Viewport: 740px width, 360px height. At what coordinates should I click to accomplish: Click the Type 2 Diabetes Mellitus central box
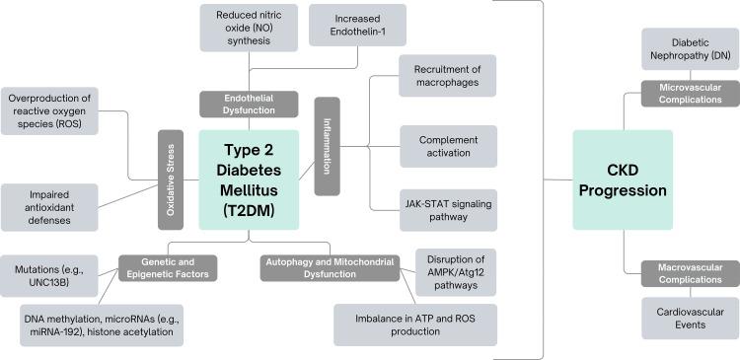249,179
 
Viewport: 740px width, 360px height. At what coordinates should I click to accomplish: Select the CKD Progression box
622,179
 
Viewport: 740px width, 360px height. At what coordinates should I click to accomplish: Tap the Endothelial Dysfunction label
248,104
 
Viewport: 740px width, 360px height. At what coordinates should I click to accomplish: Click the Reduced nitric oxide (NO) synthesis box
248,29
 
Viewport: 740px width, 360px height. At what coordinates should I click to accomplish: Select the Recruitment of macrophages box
447,76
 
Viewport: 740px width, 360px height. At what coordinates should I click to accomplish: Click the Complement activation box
447,146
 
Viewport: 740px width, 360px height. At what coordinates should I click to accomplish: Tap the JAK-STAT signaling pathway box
447,208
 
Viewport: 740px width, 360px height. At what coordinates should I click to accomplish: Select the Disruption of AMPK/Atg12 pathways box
454,269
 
